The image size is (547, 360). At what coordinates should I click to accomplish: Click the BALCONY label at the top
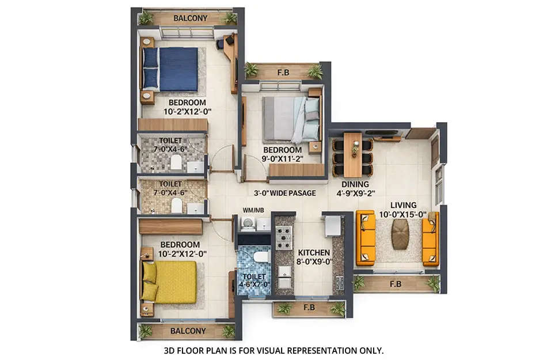click(190, 18)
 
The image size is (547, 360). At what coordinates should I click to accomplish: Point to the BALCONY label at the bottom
click(188, 331)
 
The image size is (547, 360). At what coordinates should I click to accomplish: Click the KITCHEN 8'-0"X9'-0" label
click(314, 257)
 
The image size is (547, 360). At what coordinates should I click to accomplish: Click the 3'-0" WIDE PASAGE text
click(284, 193)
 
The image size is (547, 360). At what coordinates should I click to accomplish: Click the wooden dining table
click(352, 154)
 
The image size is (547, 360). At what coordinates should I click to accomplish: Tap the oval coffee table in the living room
click(400, 234)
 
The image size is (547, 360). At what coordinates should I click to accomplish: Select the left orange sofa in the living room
click(365, 238)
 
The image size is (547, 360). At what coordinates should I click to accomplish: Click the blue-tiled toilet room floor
click(253, 271)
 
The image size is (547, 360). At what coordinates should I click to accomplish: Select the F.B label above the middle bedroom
click(283, 73)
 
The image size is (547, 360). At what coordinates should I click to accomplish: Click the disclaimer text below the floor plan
click(273, 350)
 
